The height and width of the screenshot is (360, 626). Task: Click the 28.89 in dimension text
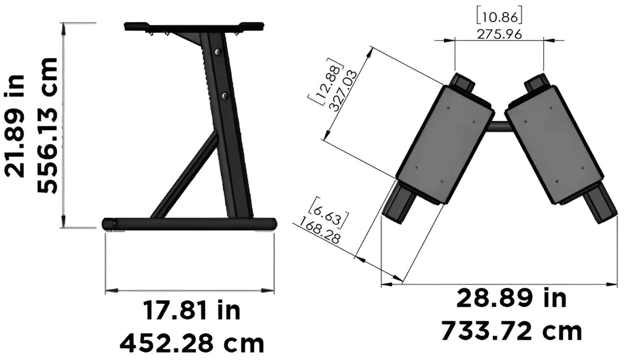[511, 299]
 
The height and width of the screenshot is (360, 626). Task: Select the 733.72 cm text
[511, 331]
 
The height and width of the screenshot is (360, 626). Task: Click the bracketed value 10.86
[499, 16]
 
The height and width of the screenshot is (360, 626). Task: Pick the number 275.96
[499, 34]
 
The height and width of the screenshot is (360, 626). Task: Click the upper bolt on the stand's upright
[217, 52]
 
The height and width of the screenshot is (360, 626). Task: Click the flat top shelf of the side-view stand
[194, 26]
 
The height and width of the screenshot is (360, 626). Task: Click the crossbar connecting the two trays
[499, 126]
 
